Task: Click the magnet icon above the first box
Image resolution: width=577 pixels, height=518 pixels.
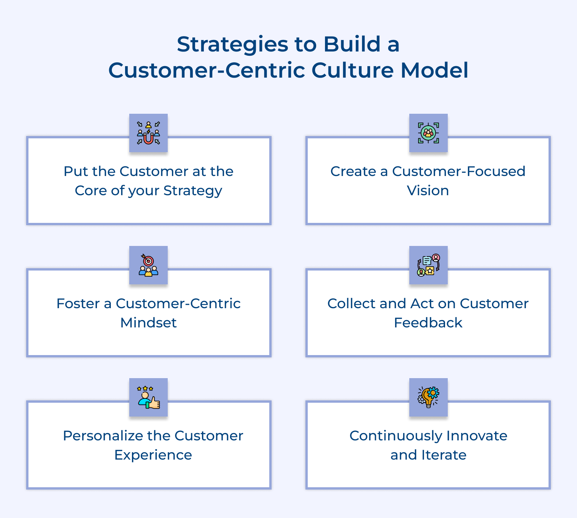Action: pos(148,133)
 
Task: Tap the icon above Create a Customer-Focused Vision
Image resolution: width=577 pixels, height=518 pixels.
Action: pos(428,133)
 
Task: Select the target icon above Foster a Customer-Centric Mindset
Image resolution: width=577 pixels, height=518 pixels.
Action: pos(148,265)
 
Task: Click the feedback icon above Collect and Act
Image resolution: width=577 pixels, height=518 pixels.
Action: pos(428,265)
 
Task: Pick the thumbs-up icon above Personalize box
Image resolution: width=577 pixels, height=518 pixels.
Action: pos(148,397)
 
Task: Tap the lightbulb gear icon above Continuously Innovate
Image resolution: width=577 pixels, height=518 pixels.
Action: pos(428,397)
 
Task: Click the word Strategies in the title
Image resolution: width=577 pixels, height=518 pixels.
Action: pos(232,45)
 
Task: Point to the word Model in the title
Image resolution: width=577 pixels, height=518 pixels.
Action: pos(434,70)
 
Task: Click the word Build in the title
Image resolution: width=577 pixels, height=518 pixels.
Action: pos(352,44)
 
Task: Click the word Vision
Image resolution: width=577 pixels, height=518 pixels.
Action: pos(428,191)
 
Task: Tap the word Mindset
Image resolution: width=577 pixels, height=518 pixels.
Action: pos(148,323)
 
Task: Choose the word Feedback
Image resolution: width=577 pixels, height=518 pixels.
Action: pos(428,323)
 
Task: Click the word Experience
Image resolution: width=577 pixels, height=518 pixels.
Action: pos(153,455)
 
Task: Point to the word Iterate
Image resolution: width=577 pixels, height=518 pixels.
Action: pos(444,455)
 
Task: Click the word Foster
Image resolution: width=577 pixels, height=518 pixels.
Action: pos(78,304)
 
